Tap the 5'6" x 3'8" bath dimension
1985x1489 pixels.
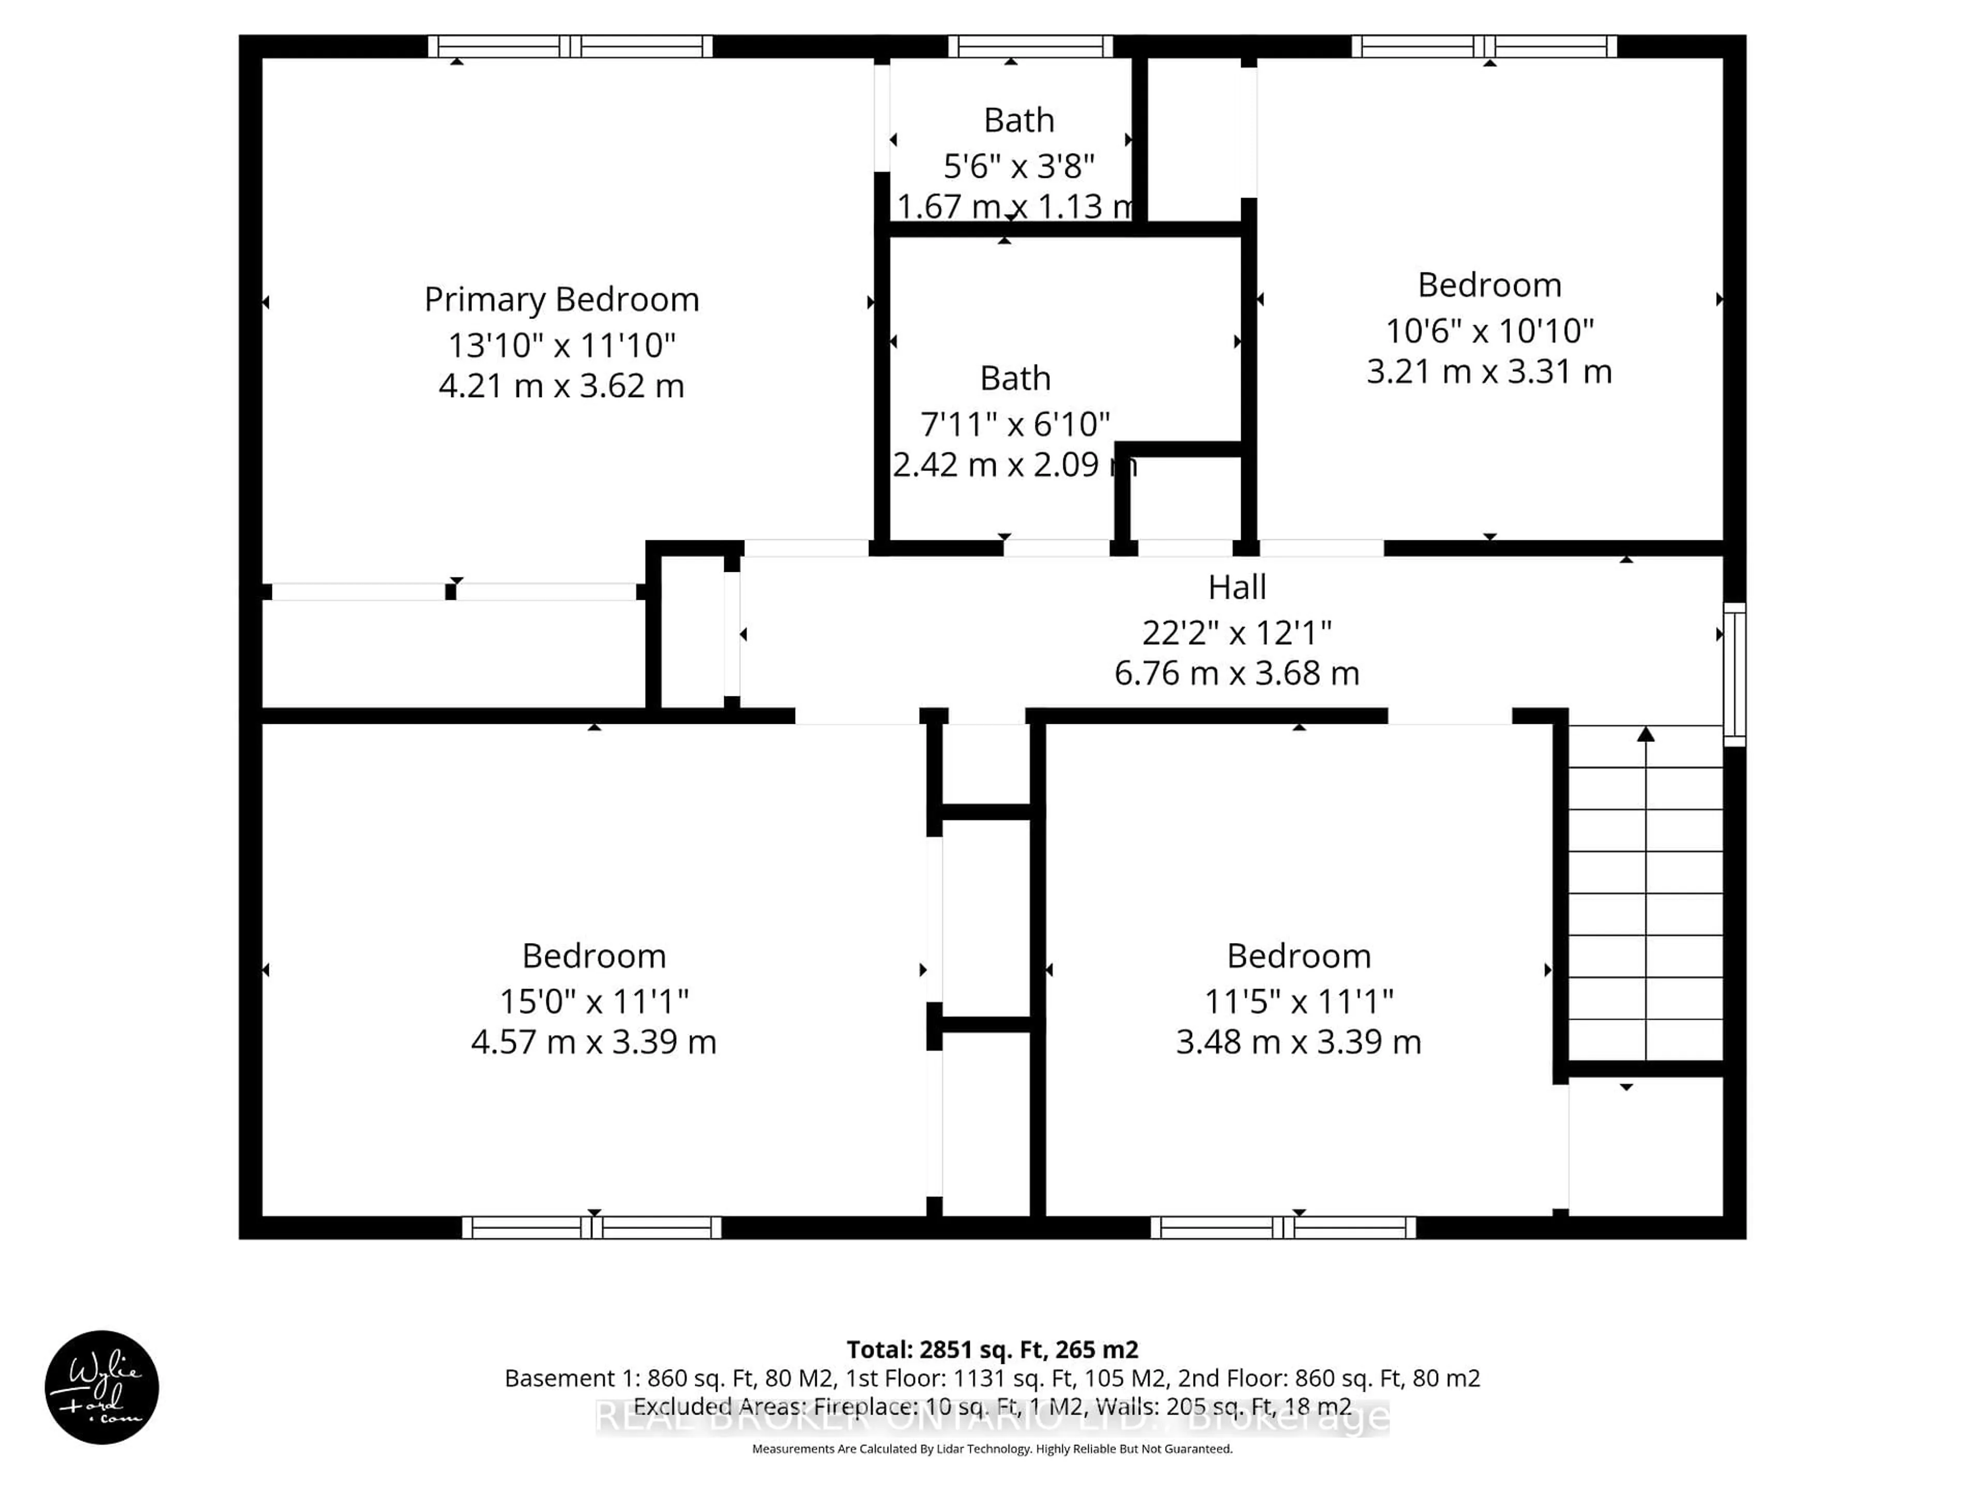(1018, 166)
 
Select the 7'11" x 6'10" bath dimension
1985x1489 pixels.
(1015, 423)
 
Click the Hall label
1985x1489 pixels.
(1236, 587)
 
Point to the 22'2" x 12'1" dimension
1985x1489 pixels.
(1236, 633)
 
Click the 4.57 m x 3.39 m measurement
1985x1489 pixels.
(593, 1042)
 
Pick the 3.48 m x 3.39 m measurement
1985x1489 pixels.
(1299, 1042)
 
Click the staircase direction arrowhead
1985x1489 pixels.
(1646, 734)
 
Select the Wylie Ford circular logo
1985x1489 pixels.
(101, 1387)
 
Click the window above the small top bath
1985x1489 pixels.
(1030, 46)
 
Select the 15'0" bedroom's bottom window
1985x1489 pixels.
(591, 1228)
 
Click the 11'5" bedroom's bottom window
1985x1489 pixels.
(1283, 1228)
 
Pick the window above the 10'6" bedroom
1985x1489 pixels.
(1484, 46)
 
